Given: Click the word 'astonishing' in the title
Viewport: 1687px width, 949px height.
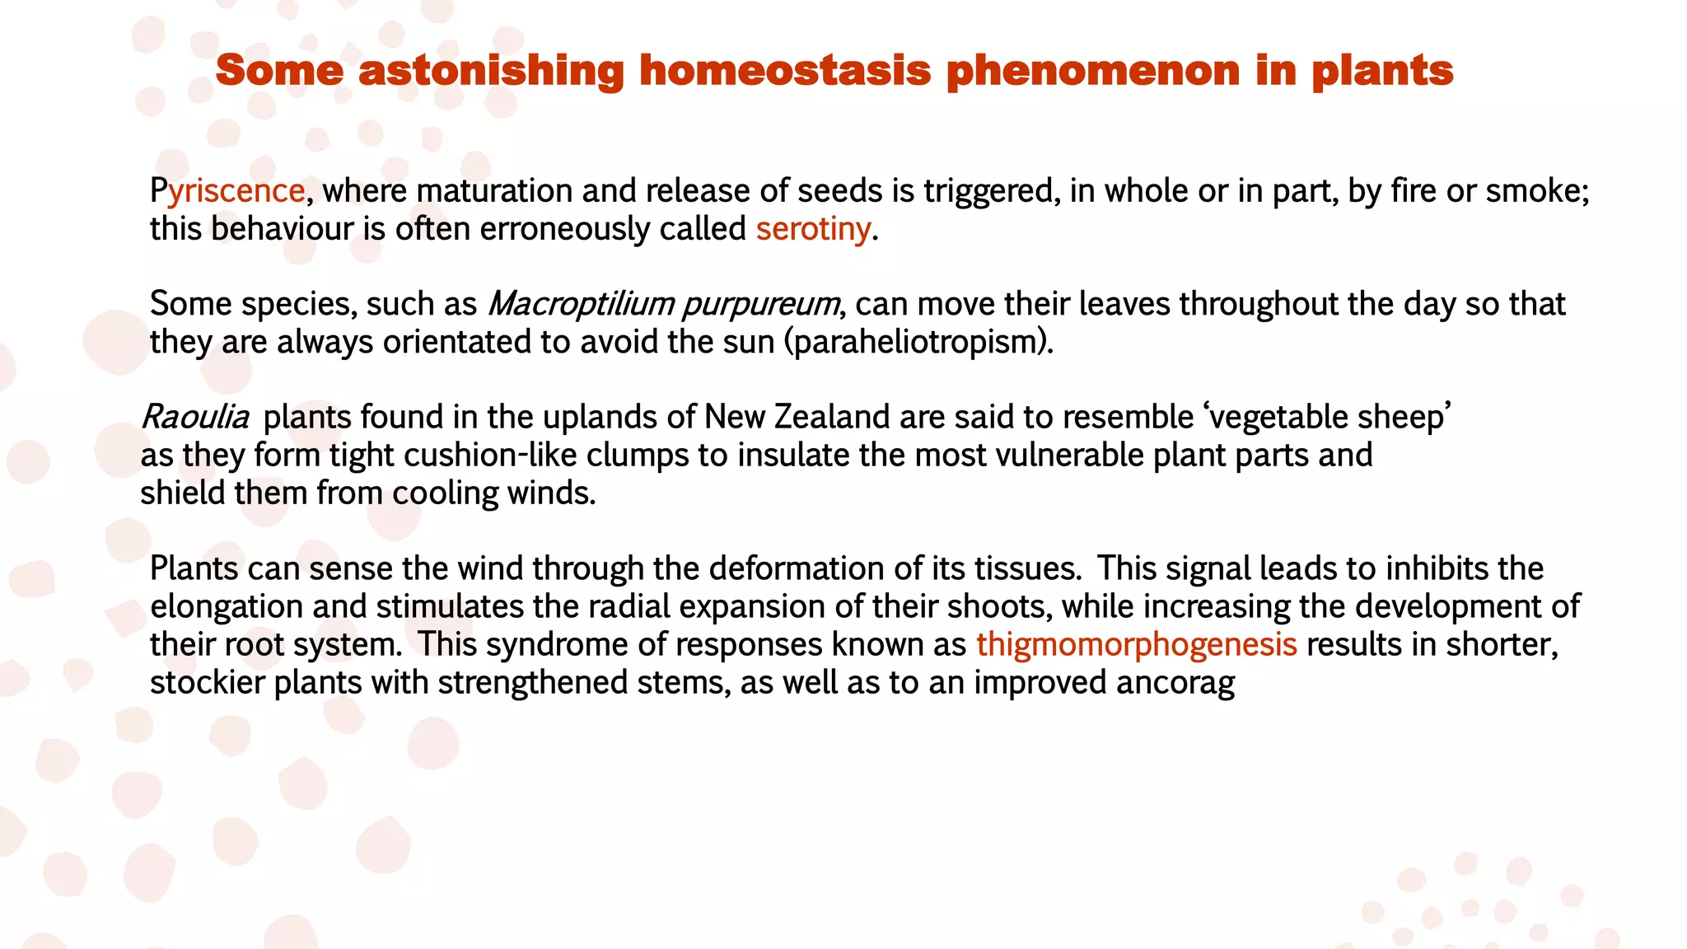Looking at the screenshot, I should tap(491, 70).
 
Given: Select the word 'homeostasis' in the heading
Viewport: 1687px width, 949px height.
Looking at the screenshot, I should tap(785, 70).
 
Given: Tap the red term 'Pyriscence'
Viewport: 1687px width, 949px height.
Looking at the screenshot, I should tap(227, 191).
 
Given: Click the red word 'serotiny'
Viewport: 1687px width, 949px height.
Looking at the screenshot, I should tap(813, 229).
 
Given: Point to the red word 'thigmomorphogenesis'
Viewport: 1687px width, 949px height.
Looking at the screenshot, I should tap(1137, 644).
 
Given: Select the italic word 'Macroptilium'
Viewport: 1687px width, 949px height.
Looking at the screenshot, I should tap(581, 304).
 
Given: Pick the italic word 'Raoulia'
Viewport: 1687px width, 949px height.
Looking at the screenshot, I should tap(195, 417).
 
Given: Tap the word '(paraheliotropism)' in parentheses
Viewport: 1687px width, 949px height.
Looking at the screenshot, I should tap(918, 342).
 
